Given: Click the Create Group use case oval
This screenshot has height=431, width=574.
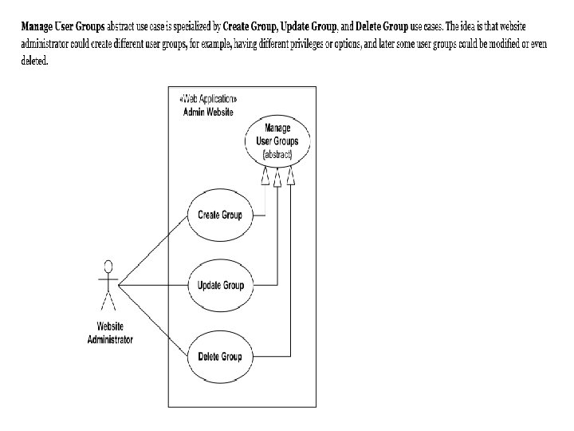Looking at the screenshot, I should (x=219, y=214).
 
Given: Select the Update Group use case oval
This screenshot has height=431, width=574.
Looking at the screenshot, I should (x=221, y=285).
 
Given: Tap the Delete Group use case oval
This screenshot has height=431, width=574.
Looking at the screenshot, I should (x=219, y=356).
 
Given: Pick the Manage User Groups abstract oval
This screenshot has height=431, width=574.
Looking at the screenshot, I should (x=277, y=140).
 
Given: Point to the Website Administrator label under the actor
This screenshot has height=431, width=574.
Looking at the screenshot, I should (x=110, y=333).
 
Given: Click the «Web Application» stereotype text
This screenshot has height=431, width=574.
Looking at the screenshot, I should (x=209, y=99).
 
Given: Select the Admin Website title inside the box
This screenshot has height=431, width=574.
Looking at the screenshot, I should (x=209, y=112).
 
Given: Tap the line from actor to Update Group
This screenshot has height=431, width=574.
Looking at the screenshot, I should (x=151, y=285).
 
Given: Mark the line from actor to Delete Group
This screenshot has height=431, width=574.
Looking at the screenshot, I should (x=151, y=320).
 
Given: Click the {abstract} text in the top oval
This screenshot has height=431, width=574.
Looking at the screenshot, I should (x=277, y=152).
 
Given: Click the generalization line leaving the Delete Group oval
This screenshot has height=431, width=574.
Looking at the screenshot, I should (x=271, y=356).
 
